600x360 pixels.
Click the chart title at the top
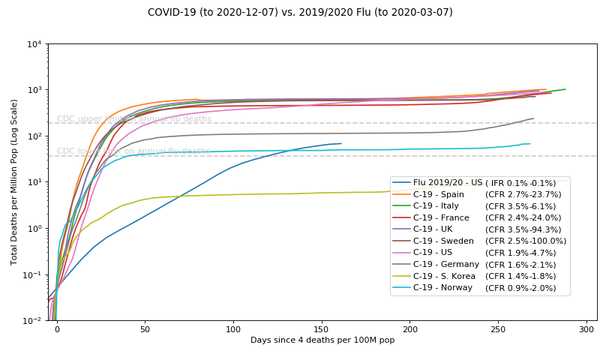coord(300,12)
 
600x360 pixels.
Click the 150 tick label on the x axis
coord(322,328)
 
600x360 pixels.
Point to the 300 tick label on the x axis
coord(586,328)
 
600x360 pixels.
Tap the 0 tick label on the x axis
coord(57,328)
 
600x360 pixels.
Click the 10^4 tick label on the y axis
coord(34,44)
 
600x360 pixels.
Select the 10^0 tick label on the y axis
coord(34,229)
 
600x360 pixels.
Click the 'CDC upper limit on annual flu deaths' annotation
coord(134,119)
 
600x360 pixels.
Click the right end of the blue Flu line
coord(341,143)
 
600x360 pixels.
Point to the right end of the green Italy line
coord(565,89)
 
